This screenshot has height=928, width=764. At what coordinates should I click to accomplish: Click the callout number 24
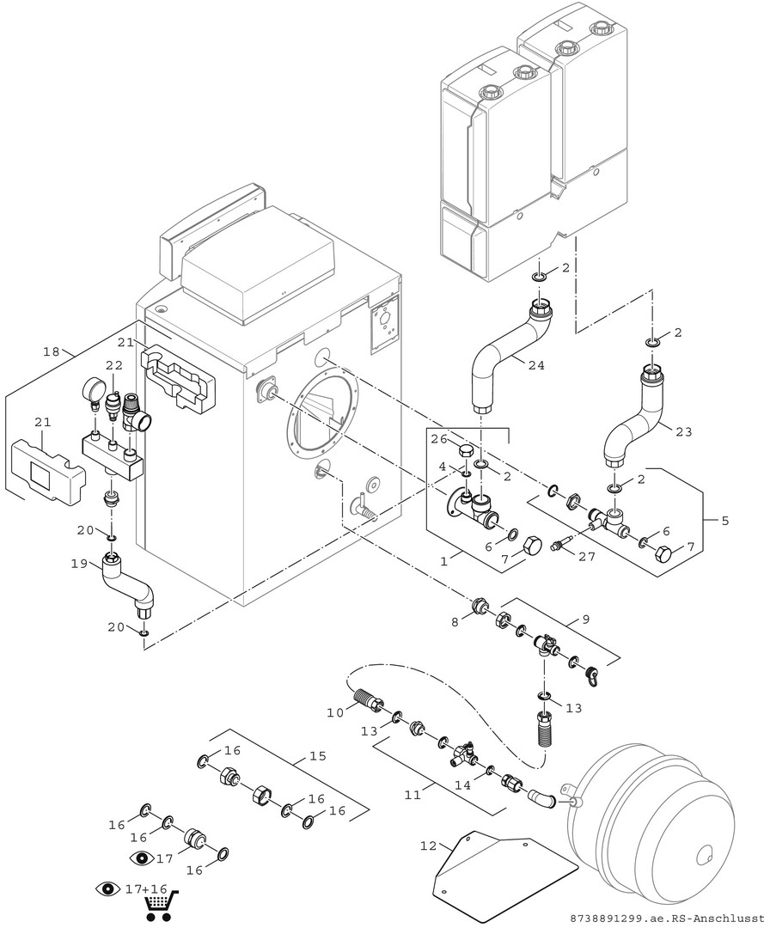pyautogui.click(x=535, y=364)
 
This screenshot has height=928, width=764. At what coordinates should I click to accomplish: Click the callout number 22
pyautogui.click(x=115, y=365)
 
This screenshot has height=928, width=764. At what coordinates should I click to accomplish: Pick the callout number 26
pyautogui.click(x=437, y=439)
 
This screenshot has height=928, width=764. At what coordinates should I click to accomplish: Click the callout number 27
pyautogui.click(x=587, y=556)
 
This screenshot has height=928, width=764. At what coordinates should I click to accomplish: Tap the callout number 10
pyautogui.click(x=335, y=711)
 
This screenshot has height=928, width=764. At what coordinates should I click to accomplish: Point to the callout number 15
pyautogui.click(x=317, y=757)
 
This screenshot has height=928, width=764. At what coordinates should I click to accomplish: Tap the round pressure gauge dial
pyautogui.click(x=92, y=391)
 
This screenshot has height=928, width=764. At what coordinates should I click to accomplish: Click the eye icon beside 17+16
pyautogui.click(x=107, y=888)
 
